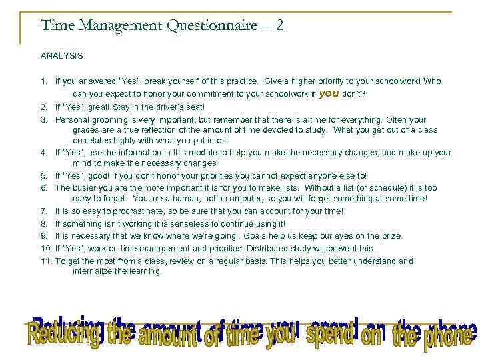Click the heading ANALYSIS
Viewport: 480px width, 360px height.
(61, 56)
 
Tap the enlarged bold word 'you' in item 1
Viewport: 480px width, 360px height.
(329, 93)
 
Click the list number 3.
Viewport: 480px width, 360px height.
(43, 120)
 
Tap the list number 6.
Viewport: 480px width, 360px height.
(43, 188)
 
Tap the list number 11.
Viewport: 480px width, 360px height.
(45, 261)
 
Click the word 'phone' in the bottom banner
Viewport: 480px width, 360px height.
(448, 334)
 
